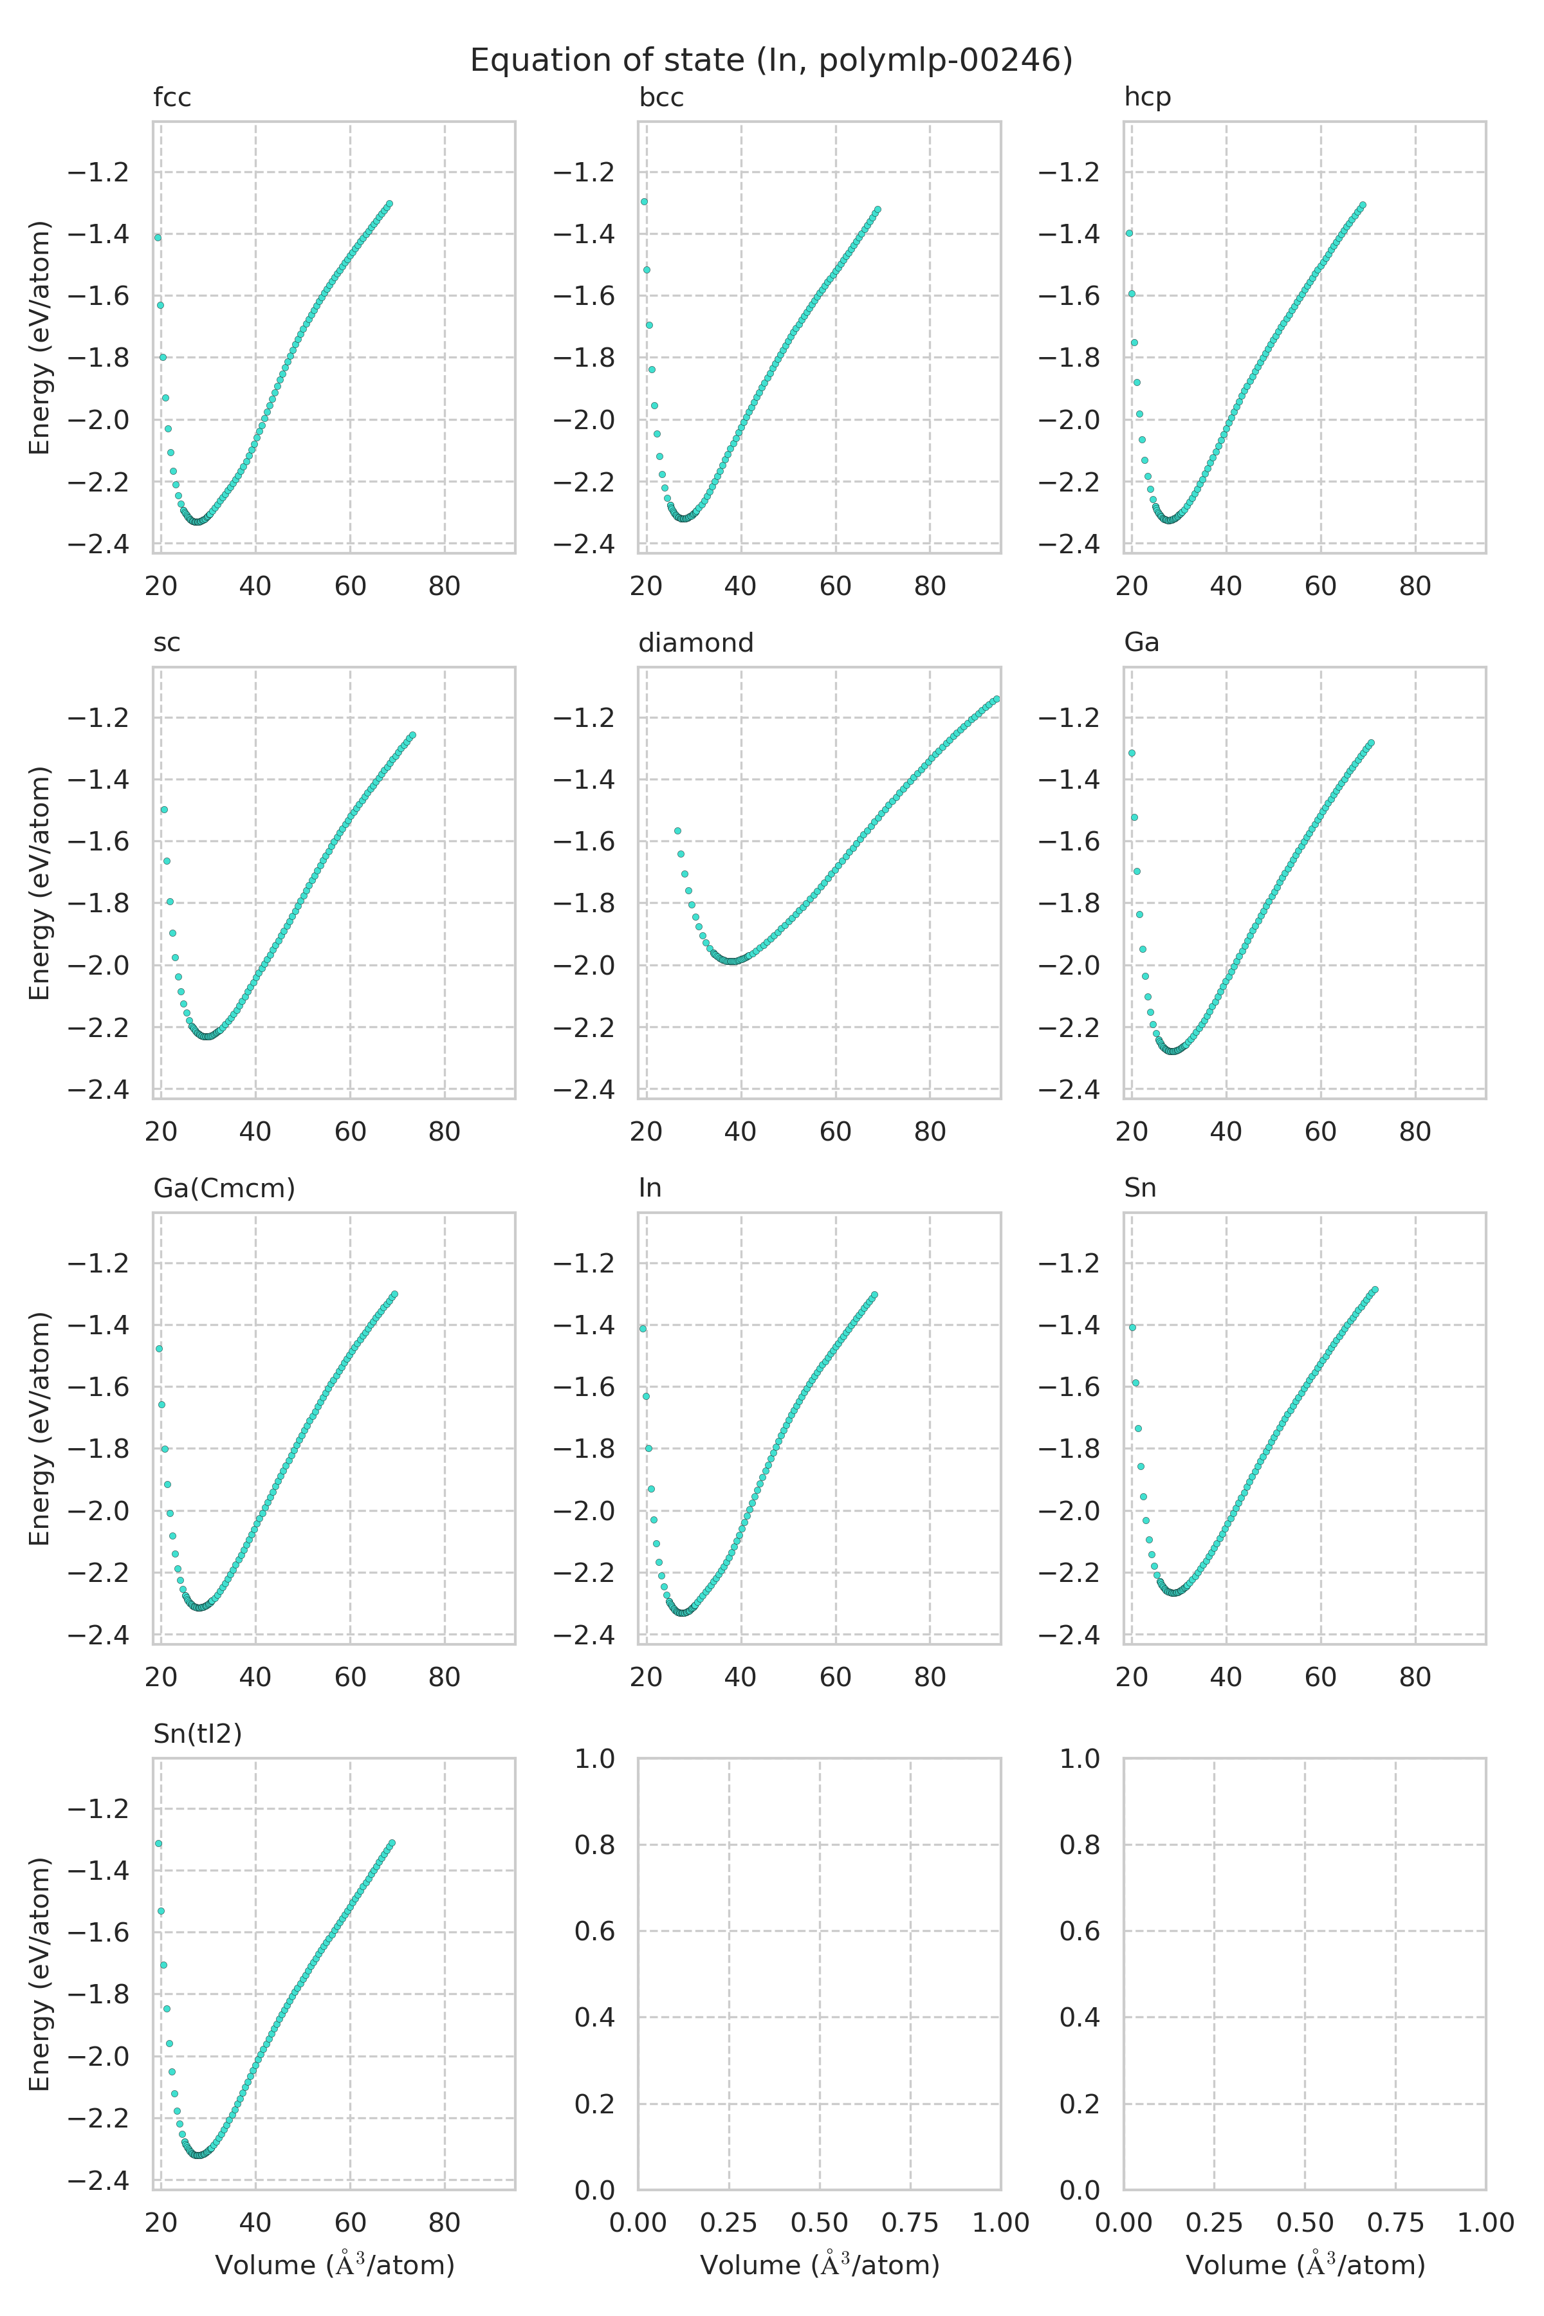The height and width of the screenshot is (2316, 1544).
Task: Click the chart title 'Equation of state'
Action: [771, 61]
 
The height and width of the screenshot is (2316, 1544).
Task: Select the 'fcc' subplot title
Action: [172, 98]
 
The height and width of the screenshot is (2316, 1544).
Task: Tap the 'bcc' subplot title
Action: [661, 98]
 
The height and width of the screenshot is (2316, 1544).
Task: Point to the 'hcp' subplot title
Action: [1147, 98]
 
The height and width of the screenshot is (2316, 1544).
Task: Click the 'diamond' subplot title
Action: [695, 643]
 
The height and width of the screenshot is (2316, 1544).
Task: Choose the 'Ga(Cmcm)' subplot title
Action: [223, 1188]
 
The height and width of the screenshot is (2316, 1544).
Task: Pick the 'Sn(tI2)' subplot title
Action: [197, 1734]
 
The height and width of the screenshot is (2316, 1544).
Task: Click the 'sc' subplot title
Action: [167, 643]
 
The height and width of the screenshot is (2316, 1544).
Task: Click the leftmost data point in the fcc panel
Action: [158, 237]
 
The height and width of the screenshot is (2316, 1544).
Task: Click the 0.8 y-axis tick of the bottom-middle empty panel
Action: [594, 1844]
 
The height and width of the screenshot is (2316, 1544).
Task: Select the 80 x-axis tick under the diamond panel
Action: [930, 1132]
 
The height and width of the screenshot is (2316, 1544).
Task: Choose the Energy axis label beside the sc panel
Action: [39, 883]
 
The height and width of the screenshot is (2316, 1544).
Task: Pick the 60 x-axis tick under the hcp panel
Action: [1321, 586]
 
